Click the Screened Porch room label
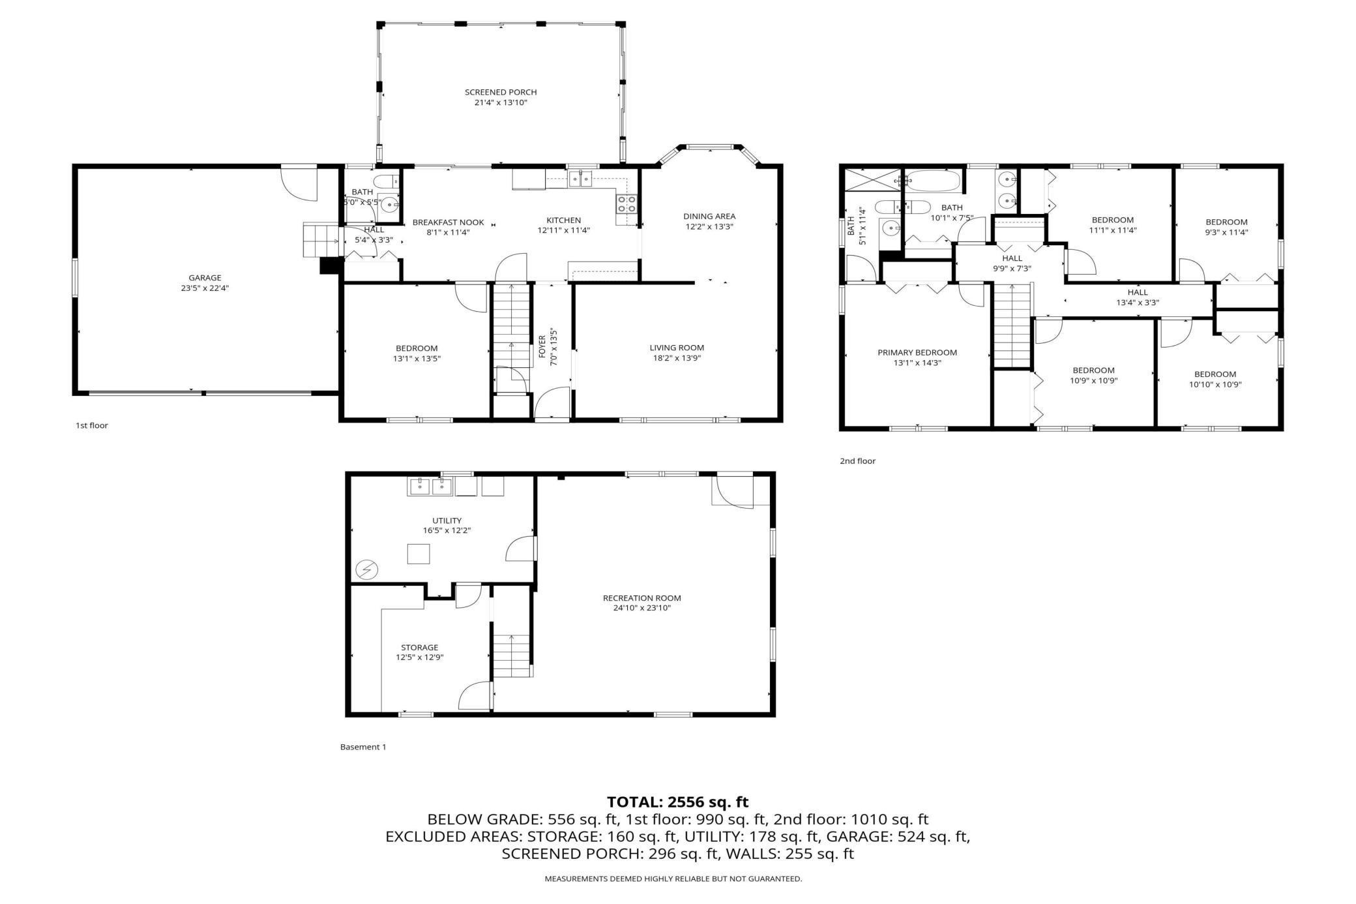coord(501,92)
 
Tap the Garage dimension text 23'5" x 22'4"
coord(205,288)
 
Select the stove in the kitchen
coord(626,204)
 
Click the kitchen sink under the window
coord(580,178)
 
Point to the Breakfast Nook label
coord(449,222)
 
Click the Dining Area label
coord(709,217)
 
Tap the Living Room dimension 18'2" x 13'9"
coord(677,358)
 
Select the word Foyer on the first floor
coord(542,346)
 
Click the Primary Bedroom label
coord(917,353)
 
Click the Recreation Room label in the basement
coord(642,598)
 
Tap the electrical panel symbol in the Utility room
coord(366,570)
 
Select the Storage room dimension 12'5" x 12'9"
coord(420,657)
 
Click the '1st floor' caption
coord(92,425)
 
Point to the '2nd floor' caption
coord(857,461)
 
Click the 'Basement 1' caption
coord(363,747)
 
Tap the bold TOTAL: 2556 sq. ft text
coord(678,802)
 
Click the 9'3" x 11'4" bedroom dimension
coord(1226,232)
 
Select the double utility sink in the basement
coord(431,486)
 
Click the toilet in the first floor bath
coord(387,181)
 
